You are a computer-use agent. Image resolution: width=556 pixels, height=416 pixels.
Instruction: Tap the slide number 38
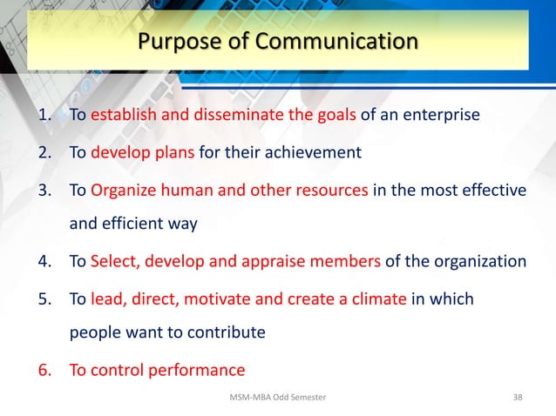518,398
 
